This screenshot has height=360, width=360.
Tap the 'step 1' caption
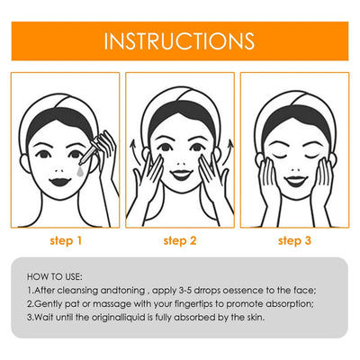(66, 240)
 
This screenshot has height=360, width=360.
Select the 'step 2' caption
(179, 240)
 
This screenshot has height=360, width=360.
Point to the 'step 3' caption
(293, 240)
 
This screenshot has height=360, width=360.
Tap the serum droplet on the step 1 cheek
(80, 168)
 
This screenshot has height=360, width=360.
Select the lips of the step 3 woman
(293, 181)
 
